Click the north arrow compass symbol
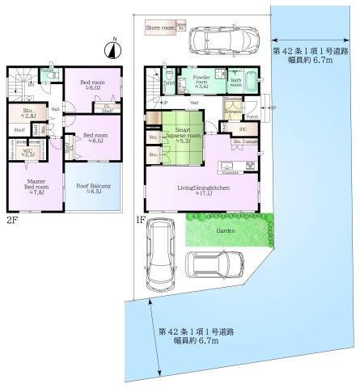[x=111, y=48]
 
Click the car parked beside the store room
[x=219, y=37]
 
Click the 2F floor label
[x=12, y=217]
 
